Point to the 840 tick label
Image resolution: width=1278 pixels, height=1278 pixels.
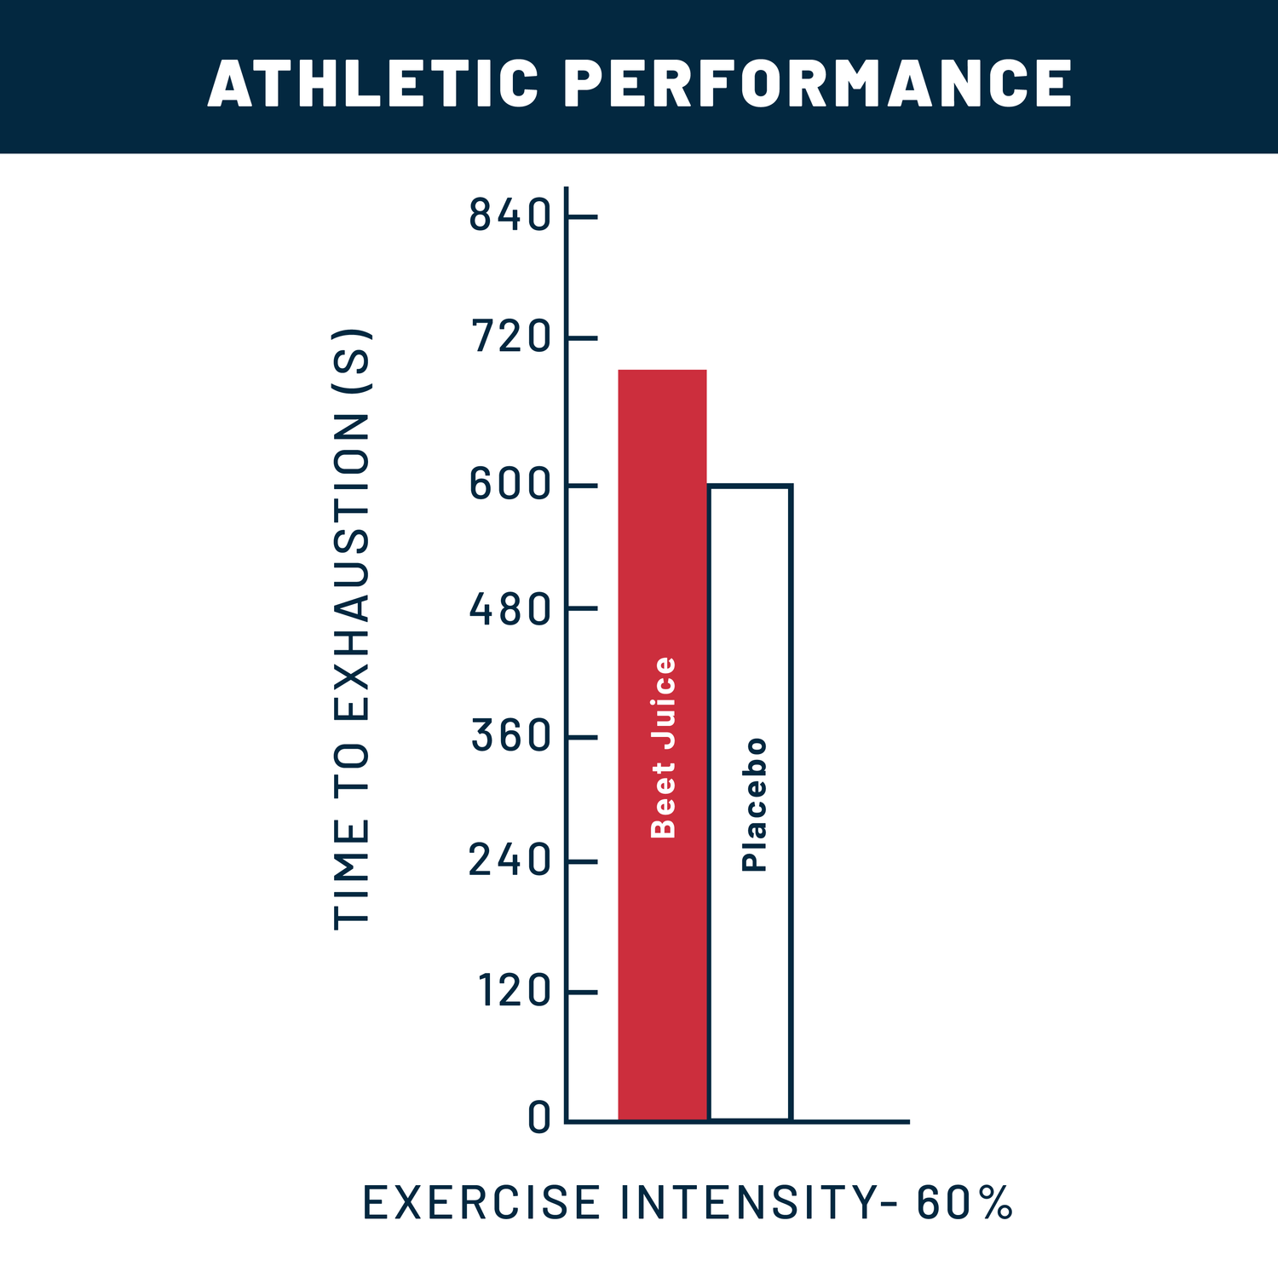(510, 216)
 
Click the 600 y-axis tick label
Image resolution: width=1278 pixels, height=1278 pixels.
(510, 486)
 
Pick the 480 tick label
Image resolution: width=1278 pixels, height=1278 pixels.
(510, 609)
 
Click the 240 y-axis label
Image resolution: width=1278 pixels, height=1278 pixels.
(510, 861)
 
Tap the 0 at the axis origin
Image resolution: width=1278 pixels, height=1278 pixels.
(539, 1118)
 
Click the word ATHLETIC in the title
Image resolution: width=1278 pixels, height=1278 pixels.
(373, 83)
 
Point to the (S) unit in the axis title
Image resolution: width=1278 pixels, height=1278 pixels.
(353, 360)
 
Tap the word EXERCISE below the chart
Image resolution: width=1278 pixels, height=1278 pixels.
(481, 1202)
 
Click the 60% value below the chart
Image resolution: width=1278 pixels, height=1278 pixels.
(964, 1202)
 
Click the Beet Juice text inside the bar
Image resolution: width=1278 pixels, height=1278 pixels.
(663, 747)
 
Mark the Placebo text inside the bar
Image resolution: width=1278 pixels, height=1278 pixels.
(754, 804)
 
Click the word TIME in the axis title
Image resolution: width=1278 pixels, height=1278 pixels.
(352, 873)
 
